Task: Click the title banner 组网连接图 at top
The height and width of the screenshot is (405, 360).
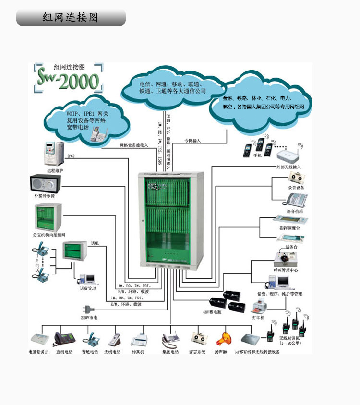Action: (71, 18)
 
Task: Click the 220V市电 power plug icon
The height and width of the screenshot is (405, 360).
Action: (88, 309)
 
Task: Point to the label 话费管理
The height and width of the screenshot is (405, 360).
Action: (88, 288)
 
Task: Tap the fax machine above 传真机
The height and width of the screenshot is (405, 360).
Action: (138, 339)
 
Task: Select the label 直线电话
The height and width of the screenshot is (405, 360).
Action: (64, 352)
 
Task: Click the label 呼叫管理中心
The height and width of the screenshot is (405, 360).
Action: (286, 270)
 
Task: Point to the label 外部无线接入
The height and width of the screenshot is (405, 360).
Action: (288, 167)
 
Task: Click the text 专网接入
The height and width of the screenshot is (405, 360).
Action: (192, 141)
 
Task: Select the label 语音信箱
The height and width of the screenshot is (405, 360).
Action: (295, 211)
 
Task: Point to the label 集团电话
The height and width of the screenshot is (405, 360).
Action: (170, 352)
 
